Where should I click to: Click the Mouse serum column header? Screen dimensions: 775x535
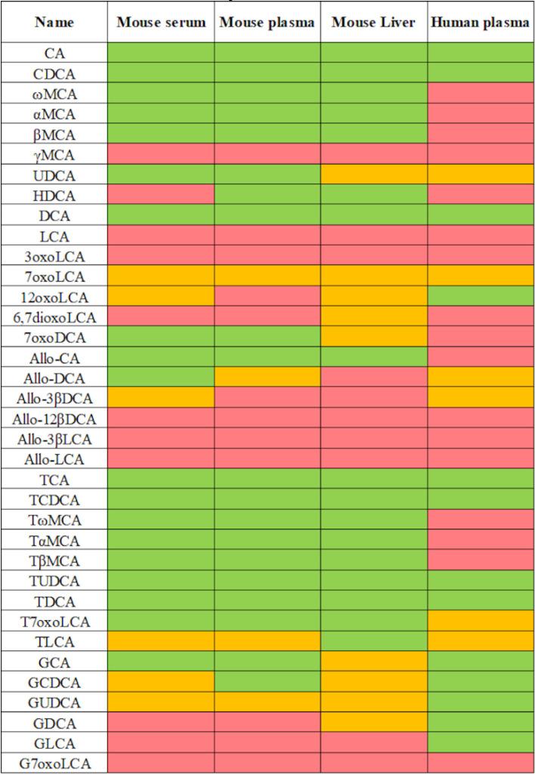click(161, 23)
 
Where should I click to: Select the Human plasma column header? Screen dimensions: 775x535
click(480, 23)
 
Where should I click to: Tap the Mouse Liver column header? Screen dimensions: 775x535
click(373, 23)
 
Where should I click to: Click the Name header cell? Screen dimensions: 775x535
click(54, 23)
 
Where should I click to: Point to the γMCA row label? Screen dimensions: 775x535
click(54, 155)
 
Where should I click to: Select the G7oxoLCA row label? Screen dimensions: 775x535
click(54, 763)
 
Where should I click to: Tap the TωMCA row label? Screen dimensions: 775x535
click(54, 520)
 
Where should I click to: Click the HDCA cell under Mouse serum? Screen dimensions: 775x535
click(161, 195)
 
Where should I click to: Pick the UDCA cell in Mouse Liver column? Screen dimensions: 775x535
click(373, 174)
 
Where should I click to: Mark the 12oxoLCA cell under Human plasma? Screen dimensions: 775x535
click(480, 297)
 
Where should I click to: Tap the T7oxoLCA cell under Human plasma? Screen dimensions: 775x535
click(480, 621)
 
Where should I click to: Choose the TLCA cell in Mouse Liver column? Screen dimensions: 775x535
click(373, 641)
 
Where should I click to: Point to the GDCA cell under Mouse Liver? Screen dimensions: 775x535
click(373, 722)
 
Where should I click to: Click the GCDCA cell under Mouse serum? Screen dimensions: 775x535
click(161, 682)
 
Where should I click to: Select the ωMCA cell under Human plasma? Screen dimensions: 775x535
click(480, 94)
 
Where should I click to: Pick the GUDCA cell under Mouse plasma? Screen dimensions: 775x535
click(267, 702)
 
